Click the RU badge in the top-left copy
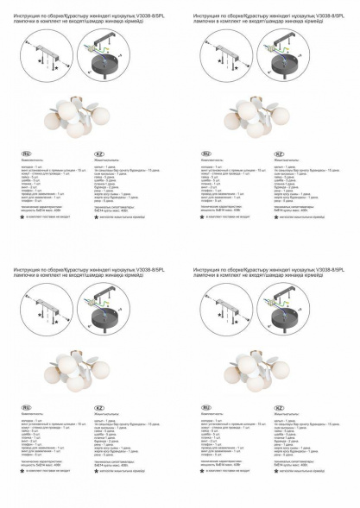26,154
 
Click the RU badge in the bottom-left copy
26,406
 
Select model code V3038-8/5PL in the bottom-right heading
325,269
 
